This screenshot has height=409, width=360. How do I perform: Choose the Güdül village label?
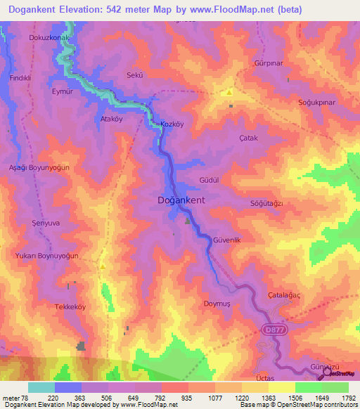tap(210, 180)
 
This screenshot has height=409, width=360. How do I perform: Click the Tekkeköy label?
tap(70, 307)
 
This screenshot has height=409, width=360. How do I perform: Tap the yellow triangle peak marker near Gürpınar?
tap(229, 92)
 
